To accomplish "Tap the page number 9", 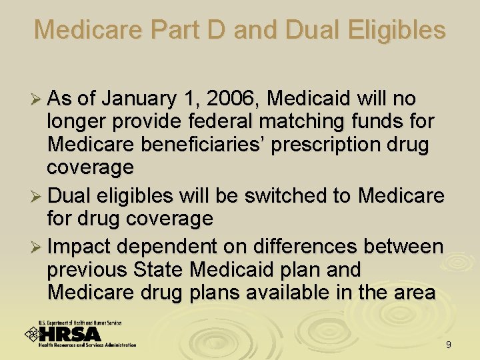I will [449, 345].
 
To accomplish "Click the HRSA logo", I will [80, 333].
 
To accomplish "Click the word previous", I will [87, 270].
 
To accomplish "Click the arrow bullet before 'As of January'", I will [38, 100].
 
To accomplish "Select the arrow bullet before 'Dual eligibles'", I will [38, 197].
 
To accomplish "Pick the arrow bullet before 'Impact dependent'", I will [38, 247].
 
